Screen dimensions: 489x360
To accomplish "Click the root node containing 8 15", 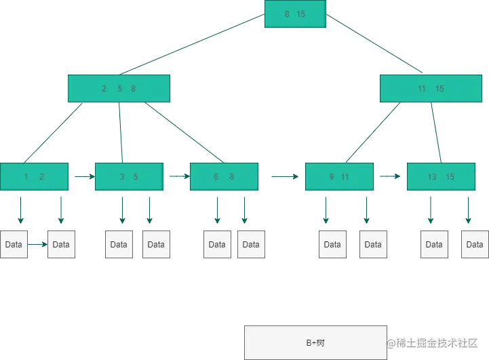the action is tap(295, 14).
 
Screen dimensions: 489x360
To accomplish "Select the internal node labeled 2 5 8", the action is tap(119, 89).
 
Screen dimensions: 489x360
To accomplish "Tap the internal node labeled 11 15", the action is tap(431, 89).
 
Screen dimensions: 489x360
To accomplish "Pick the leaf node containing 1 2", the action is tap(35, 176).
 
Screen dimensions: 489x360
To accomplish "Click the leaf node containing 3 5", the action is tap(129, 176).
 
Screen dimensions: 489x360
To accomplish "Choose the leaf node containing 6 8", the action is tap(224, 176).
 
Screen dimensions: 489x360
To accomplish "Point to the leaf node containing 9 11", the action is tap(339, 176).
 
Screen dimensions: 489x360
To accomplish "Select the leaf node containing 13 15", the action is tap(441, 176).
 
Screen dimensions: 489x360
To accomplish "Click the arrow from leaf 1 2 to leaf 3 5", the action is tap(85, 176).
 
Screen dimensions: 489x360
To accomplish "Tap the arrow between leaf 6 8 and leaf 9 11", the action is tap(285, 176).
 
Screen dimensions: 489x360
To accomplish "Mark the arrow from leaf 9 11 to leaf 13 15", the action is tap(390, 176).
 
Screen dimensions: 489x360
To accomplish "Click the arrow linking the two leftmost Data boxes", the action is tap(37, 244).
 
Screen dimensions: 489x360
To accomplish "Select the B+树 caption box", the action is tap(315, 342).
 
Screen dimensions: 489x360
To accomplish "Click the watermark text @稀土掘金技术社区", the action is tap(432, 343).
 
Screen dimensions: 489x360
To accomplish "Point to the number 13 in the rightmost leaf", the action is tap(432, 177).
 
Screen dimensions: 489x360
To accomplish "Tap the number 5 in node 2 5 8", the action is tap(120, 89).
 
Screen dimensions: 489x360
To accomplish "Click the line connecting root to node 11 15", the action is tap(374, 43).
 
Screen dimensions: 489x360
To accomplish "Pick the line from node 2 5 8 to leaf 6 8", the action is tap(184, 132).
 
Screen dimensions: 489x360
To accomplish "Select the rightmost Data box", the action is tap(475, 244).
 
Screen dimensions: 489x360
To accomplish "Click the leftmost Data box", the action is tap(14, 244).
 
